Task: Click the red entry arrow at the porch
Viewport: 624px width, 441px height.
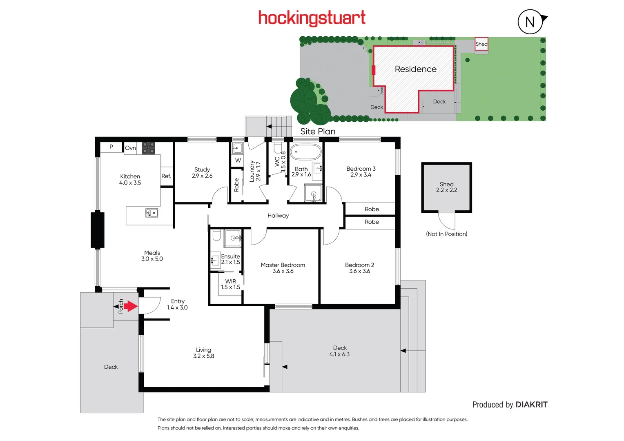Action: coord(131,306)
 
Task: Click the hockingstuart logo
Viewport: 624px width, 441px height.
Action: coord(312,18)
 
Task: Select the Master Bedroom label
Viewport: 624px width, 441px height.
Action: coord(283,268)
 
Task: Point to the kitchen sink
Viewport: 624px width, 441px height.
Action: coord(152,213)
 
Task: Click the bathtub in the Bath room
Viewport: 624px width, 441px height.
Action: coord(306,152)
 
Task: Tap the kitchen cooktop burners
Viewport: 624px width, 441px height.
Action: coord(148,148)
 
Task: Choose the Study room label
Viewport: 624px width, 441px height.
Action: coord(202,173)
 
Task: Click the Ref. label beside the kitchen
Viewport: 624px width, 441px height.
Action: coord(166,176)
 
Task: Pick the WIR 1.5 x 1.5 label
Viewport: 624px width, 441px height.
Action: coord(231,284)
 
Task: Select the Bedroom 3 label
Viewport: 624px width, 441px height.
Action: coord(361,171)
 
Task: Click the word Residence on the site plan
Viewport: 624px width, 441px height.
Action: coord(416,69)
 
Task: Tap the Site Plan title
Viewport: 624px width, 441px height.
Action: coord(318,131)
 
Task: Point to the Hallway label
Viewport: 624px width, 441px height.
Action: coord(278,216)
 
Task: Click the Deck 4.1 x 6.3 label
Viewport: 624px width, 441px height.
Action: coord(340,351)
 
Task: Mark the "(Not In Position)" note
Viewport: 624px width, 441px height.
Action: coord(446,234)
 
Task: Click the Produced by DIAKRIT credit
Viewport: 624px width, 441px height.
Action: coord(510,405)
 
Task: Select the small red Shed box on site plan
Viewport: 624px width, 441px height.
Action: coord(481,44)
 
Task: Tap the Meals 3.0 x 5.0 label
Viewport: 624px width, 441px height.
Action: coord(152,256)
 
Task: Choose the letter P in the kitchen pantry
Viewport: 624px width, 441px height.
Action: coord(111,147)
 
